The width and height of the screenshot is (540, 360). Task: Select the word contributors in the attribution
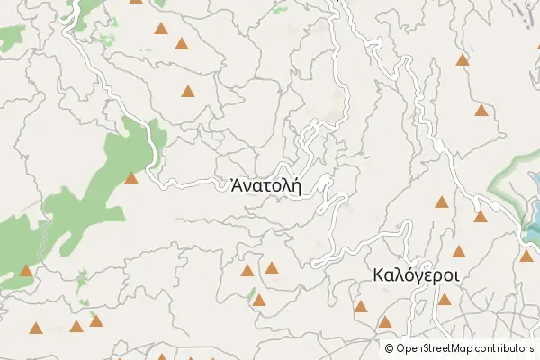(506, 348)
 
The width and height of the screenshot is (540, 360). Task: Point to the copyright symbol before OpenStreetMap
(390, 348)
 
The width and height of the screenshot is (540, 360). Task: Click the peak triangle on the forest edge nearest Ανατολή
(131, 178)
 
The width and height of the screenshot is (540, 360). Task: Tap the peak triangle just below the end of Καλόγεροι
(445, 299)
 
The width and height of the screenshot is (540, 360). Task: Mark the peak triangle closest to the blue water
(526, 256)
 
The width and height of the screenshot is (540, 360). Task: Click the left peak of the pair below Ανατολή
(247, 270)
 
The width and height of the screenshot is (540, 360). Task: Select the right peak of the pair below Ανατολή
(272, 267)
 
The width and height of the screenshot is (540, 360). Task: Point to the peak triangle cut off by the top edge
(136, 2)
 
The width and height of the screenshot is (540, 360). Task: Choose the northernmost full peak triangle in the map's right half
(463, 60)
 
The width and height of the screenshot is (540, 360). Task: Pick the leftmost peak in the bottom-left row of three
(36, 328)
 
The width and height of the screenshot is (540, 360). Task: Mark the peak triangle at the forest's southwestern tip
(25, 270)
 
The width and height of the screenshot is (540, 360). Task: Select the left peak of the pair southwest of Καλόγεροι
(361, 307)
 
